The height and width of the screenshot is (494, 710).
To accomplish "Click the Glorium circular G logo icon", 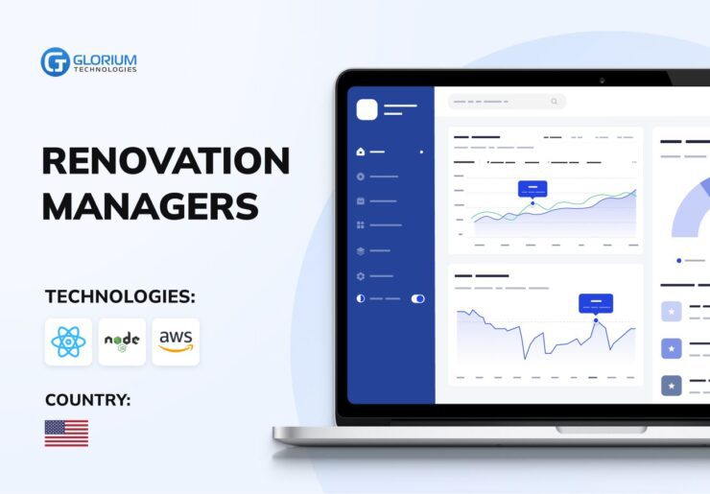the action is coord(55,62).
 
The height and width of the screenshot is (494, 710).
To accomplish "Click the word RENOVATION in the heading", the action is coord(166,161).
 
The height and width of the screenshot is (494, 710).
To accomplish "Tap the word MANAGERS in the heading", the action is coord(151,206).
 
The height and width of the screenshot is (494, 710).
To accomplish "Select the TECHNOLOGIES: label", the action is coord(120,297).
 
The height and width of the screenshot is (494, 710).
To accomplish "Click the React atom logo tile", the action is coord(68,341).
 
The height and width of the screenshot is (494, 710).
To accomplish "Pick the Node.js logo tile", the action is coord(122,341).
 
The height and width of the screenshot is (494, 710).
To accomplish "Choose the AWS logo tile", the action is coord(176,341).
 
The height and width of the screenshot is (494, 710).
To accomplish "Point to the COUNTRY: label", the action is coord(88,400).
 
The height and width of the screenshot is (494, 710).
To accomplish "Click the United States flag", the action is coord(66,434).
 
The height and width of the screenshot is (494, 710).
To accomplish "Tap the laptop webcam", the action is coord(602,81).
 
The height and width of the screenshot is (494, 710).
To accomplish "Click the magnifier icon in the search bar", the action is coord(555,102).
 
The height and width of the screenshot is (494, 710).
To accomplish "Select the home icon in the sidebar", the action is coord(361,152).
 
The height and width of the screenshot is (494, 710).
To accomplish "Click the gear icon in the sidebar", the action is coord(361,276).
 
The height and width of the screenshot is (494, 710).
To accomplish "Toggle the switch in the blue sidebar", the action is coord(418,299).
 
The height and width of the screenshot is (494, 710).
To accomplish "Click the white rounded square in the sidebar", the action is coord(367,109).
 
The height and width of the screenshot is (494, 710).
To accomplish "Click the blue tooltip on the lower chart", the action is coord(596,304).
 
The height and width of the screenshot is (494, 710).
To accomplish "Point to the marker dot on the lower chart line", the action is coord(596,320).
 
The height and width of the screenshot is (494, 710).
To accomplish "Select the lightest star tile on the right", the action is coord(672,312).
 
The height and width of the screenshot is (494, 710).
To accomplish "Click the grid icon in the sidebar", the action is coord(361,225).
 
